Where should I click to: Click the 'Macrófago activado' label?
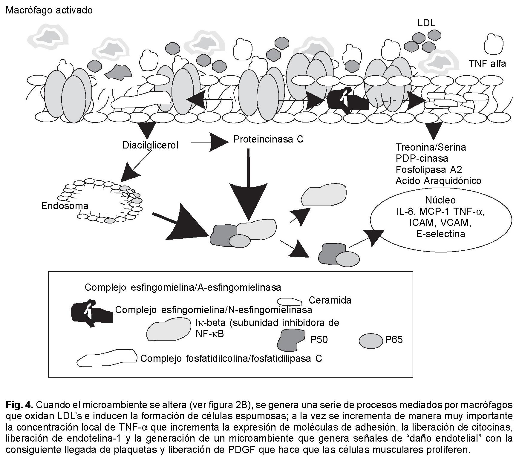(x=49, y=10)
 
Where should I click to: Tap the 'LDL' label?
(x=426, y=23)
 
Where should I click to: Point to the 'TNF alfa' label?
(x=487, y=64)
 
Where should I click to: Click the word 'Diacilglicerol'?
(x=150, y=145)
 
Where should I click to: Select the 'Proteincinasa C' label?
(x=268, y=139)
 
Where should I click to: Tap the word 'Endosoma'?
(x=65, y=206)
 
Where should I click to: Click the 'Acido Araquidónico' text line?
(x=438, y=181)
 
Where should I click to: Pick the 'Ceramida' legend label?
(x=330, y=300)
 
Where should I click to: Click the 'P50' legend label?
(x=319, y=340)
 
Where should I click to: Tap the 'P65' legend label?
(x=394, y=339)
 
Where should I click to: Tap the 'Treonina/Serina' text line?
(x=431, y=147)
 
